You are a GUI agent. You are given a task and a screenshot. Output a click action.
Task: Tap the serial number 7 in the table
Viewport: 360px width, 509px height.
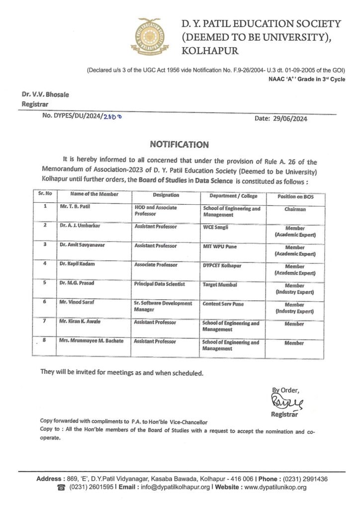45,322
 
